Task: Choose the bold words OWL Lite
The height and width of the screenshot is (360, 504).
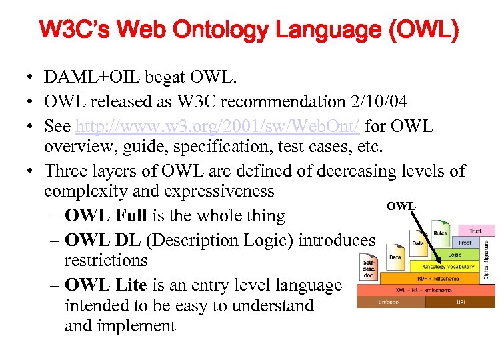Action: coord(105,285)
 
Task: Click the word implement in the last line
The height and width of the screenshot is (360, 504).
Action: coord(137,326)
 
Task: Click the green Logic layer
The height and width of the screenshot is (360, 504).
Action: coord(455,255)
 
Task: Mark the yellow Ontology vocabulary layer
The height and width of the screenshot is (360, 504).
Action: coord(449,266)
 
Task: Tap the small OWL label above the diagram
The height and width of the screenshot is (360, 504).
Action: coord(401,206)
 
